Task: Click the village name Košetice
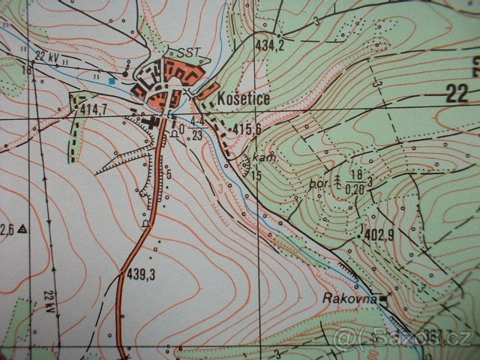[245, 98]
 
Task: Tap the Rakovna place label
[349, 298]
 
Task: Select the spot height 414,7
[93, 109]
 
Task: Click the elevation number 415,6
[247, 129]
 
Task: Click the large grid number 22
[456, 94]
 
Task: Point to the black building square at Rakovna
[385, 301]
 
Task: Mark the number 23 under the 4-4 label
[196, 135]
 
